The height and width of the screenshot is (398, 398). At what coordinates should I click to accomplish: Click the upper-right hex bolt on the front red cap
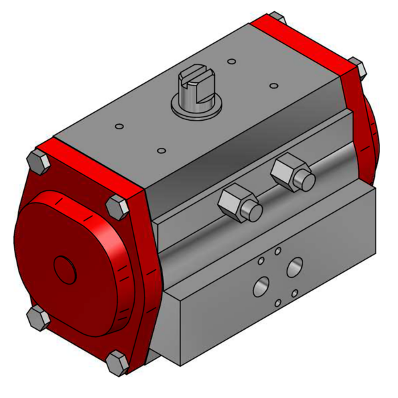point(117,206)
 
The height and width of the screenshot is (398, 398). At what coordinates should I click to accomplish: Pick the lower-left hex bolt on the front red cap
point(38,316)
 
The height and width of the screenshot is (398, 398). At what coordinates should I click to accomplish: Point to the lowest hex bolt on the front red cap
point(117,362)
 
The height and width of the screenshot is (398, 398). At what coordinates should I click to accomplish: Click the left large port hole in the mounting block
point(261,287)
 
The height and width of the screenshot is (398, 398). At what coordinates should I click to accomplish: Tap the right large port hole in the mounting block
point(294,267)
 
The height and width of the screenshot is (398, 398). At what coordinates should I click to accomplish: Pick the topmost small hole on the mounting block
point(278,251)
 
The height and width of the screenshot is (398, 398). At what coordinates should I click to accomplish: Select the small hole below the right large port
point(295,293)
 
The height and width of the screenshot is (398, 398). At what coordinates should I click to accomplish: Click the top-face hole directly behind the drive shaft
point(231,62)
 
